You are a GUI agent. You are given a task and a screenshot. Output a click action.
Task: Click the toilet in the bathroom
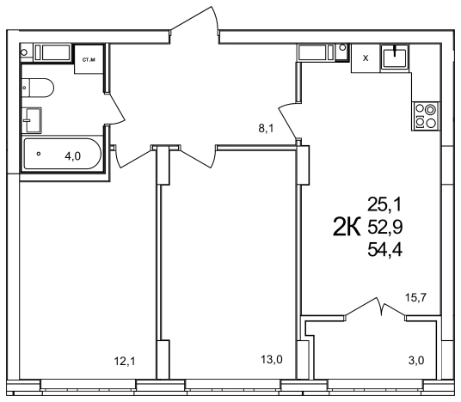[38, 88]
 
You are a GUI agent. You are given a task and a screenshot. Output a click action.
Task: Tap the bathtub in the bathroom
[62, 154]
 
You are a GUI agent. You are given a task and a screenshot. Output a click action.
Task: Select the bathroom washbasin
[31, 120]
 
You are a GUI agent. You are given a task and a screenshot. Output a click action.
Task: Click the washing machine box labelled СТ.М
[89, 59]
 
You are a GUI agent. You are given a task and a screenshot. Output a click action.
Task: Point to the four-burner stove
[426, 116]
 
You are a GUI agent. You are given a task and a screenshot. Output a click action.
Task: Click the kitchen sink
[395, 57]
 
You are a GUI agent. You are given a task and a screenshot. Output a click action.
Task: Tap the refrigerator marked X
[366, 58]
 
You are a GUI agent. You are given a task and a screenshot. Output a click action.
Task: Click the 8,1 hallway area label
[266, 128]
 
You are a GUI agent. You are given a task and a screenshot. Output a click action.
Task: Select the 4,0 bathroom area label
[72, 156]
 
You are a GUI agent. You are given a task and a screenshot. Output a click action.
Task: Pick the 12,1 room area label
[125, 361]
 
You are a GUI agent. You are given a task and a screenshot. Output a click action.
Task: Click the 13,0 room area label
[272, 359]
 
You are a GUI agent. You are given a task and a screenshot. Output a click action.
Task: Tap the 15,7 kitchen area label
[415, 298]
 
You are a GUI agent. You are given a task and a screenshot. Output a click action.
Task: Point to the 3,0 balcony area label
[416, 360]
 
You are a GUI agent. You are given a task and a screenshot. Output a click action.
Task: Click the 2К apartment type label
[347, 227]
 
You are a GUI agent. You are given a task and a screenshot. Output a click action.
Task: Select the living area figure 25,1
[384, 204]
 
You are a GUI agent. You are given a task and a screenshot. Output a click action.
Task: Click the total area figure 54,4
[384, 250]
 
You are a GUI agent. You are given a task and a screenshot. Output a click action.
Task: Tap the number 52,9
[384, 228]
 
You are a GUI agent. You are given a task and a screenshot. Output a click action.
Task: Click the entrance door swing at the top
[194, 18]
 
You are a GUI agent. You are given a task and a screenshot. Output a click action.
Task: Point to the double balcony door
[375, 308]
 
